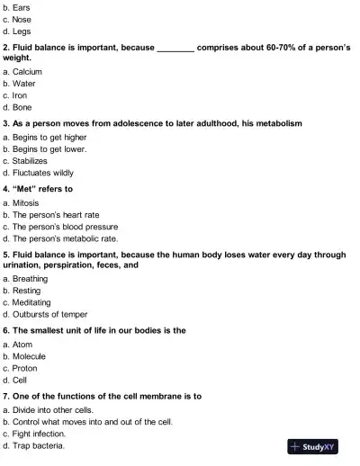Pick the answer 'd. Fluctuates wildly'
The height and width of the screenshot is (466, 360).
pyautogui.click(x=41, y=171)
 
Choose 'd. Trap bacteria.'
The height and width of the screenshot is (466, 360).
pyautogui.click(x=39, y=444)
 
